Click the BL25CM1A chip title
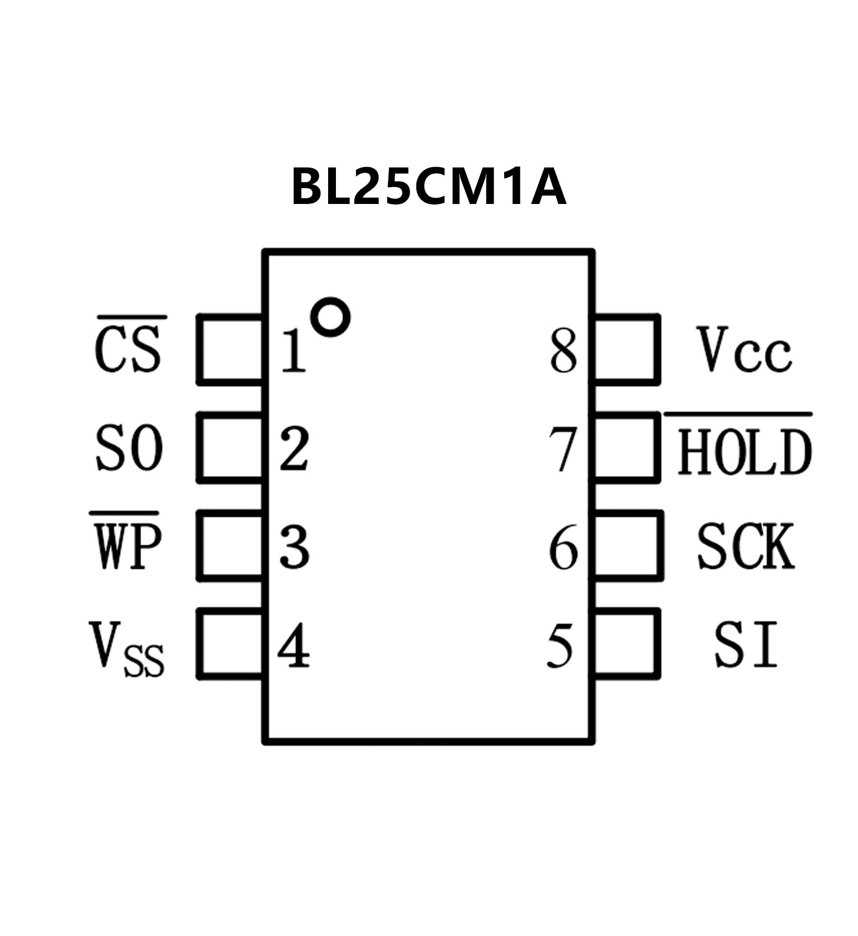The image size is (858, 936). point(429,187)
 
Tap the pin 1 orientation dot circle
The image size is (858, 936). point(330,317)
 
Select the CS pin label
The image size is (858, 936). point(129,350)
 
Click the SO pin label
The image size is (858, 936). point(129,448)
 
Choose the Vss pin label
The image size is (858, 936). point(126,648)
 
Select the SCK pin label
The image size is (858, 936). point(745,546)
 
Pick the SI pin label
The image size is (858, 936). point(746,646)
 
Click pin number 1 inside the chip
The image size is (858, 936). point(293,351)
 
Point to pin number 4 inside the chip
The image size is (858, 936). point(293,646)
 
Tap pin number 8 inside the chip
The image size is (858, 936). point(563,351)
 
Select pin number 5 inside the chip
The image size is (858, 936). point(561,646)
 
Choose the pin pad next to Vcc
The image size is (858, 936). point(626,349)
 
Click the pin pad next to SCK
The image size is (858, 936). point(628,545)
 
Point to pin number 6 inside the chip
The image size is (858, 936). point(563,547)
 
